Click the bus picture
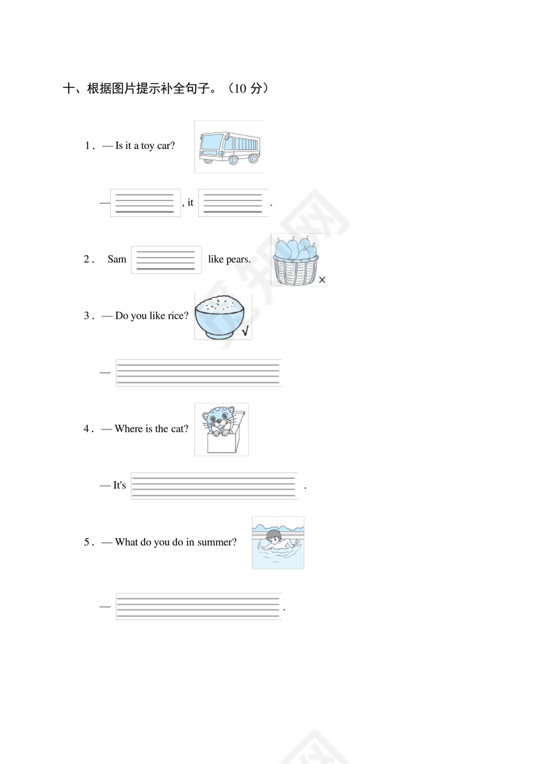[x=230, y=146]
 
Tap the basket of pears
[x=295, y=261]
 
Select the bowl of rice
[x=220, y=317]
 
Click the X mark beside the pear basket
[x=322, y=280]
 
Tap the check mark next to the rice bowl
[x=245, y=331]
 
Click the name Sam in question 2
[x=117, y=259]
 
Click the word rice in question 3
[x=178, y=316]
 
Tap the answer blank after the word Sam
[x=166, y=260]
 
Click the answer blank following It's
[x=214, y=485]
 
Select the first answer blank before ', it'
[x=145, y=202]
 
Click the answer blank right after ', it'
[x=233, y=202]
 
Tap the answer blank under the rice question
[x=198, y=373]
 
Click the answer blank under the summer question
[x=198, y=606]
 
